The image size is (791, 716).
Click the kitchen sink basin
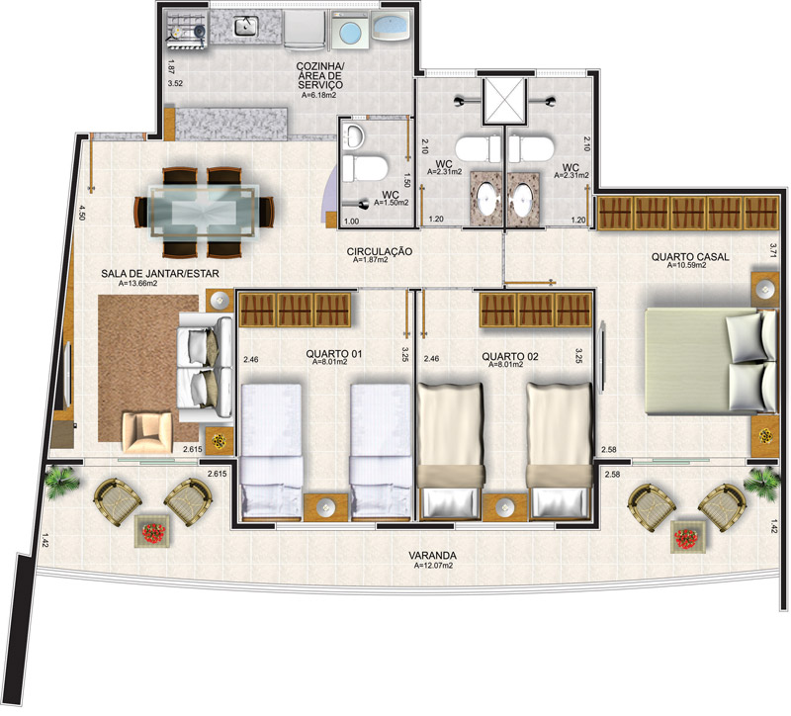[x=246, y=27]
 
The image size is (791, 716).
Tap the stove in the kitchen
[x=186, y=31]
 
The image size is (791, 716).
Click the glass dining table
[x=205, y=211]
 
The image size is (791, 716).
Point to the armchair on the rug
[x=147, y=432]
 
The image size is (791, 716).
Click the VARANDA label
[x=432, y=556]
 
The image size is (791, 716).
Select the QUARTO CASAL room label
[x=690, y=257]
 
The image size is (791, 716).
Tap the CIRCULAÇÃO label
[x=380, y=251]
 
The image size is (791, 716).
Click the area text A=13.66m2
[x=137, y=284]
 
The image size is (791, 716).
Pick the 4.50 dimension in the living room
[x=81, y=212]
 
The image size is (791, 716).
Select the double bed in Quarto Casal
[x=711, y=362]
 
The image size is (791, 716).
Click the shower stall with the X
[x=504, y=101]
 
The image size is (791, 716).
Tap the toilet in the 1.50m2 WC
[x=364, y=168]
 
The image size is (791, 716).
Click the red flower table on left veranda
[x=154, y=533]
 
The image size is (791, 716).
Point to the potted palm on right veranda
[x=761, y=481]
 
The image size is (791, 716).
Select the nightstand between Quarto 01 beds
[x=326, y=506]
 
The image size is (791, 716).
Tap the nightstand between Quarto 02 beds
[x=505, y=506]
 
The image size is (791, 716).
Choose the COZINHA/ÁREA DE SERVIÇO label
[x=319, y=76]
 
